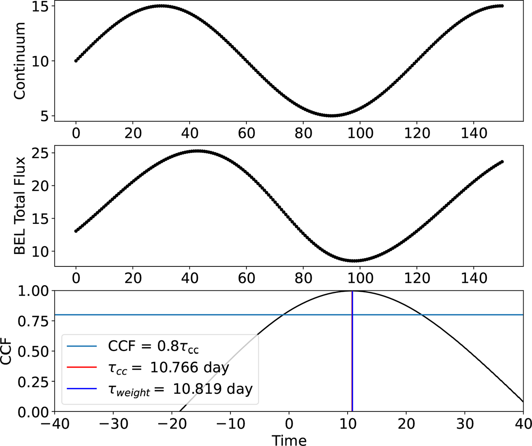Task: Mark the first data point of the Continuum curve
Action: tap(76, 61)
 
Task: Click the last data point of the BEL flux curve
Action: tap(502, 162)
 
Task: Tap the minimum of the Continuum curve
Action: tap(332, 116)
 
